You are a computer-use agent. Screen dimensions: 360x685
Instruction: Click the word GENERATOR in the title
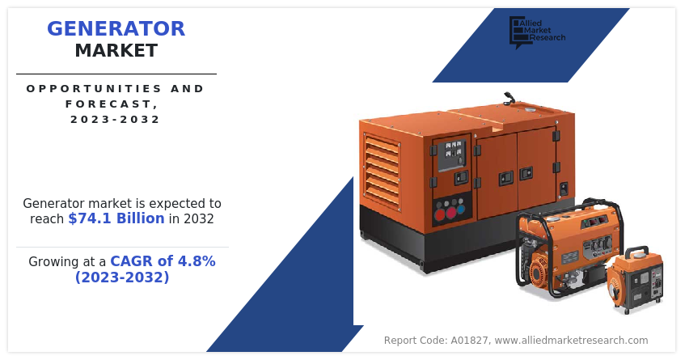point(116,29)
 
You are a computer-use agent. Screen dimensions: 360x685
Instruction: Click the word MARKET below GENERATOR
point(116,51)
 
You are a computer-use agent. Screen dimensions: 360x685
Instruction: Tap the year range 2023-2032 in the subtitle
point(116,119)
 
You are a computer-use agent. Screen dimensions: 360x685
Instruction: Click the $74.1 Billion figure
point(116,218)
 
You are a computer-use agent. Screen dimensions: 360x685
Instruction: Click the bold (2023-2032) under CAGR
point(122,277)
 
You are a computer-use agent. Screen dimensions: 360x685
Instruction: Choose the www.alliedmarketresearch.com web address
point(570,341)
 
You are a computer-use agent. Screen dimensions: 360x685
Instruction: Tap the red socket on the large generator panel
point(440,214)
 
